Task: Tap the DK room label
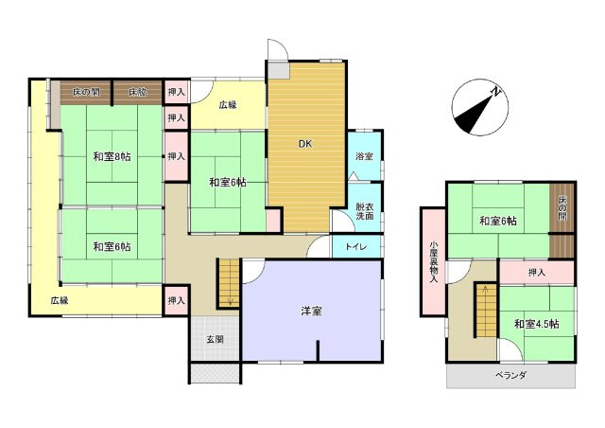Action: [305, 145]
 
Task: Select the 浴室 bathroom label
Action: [364, 155]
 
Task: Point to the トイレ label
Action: [356, 247]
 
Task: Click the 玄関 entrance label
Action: [215, 340]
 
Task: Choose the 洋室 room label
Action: [311, 311]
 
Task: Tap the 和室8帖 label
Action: [112, 156]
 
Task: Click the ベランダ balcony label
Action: [510, 376]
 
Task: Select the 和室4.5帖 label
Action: [536, 324]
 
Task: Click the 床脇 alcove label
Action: [138, 93]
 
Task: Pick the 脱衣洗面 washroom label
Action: [364, 212]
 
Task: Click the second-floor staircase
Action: [483, 311]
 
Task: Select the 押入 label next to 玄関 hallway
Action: [176, 300]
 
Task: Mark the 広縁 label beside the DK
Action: [228, 105]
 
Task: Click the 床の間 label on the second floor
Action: [562, 208]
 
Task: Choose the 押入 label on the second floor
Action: [536, 274]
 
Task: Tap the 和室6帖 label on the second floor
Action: [497, 222]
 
